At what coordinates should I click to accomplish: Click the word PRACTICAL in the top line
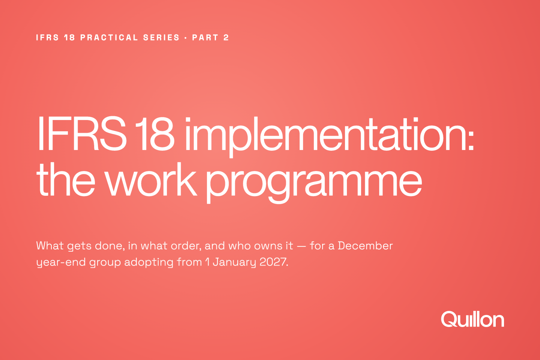109,37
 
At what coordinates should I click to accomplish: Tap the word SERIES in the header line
161,37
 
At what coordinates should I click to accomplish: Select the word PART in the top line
205,37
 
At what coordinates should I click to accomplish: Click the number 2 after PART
226,37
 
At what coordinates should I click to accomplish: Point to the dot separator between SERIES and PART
186,38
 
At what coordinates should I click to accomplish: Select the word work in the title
151,179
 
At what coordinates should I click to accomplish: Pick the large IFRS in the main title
81,134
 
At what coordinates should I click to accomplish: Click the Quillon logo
472,319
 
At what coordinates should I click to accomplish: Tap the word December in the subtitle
366,246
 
